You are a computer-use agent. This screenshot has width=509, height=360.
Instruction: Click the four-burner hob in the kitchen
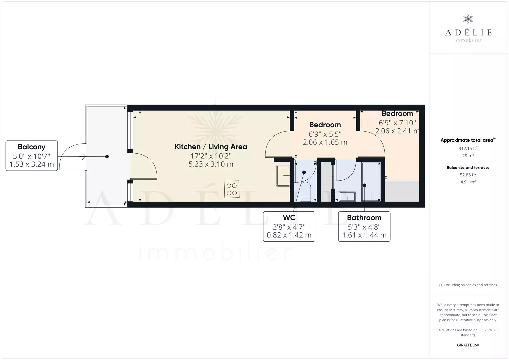(231, 189)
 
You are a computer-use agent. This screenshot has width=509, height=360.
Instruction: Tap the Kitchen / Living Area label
(211, 147)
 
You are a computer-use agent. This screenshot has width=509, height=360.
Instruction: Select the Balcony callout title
(32, 147)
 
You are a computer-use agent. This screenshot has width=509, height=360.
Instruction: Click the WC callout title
(289, 218)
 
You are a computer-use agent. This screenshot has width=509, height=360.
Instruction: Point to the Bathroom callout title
(364, 218)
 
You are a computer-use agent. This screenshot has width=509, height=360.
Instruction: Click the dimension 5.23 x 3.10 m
(211, 164)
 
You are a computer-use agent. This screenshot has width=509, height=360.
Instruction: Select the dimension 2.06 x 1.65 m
(325, 142)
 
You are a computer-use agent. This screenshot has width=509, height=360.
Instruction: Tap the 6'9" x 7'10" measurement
(397, 123)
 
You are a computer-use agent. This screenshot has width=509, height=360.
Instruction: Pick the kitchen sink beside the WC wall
(283, 176)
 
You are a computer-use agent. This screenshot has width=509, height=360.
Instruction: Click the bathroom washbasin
(347, 196)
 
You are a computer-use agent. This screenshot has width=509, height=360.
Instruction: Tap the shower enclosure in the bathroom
(371, 181)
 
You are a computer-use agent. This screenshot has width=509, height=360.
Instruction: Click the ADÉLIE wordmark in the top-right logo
(468, 32)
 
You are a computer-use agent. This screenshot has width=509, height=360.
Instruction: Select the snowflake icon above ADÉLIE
(468, 19)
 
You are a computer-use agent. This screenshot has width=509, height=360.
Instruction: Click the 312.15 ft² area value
(468, 149)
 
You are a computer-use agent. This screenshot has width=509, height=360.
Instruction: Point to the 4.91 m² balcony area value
(468, 182)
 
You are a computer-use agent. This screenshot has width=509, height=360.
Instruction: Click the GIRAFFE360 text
(468, 345)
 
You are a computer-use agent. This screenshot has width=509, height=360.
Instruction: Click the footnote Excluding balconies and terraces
(468, 285)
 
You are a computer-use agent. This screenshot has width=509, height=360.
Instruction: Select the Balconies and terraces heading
(468, 168)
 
